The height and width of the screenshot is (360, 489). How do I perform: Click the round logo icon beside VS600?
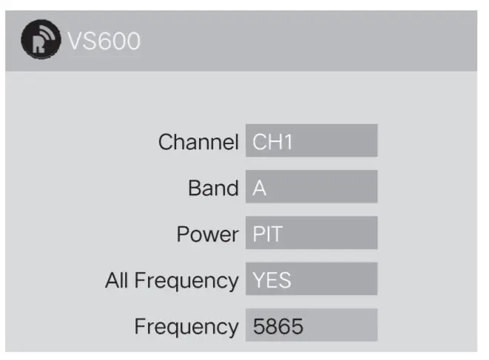41,41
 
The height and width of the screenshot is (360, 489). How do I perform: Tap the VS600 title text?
104,41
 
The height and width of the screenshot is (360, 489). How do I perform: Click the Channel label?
198,142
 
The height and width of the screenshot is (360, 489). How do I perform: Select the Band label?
213,189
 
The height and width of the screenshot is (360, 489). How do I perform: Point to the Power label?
207,234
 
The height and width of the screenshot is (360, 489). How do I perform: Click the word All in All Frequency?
118,280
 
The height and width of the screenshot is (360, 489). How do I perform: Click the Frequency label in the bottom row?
186,327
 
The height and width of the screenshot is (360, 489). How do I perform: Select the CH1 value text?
273,142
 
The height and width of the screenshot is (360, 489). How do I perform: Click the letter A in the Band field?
259,189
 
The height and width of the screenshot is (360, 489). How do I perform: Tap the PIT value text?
268,235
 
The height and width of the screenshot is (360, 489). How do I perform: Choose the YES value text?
272,281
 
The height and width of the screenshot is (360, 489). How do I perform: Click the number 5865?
278,327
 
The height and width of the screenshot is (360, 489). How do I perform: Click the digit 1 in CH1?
289,142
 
